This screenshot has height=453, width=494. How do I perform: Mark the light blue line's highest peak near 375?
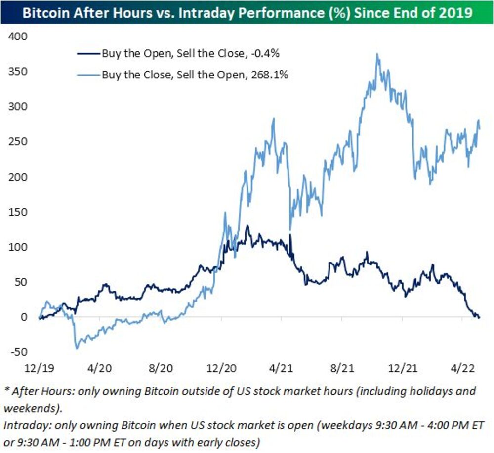pyautogui.click(x=377, y=54)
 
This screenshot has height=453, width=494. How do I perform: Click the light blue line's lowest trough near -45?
pyautogui.click(x=77, y=348)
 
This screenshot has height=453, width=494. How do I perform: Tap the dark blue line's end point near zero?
pyautogui.click(x=479, y=317)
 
